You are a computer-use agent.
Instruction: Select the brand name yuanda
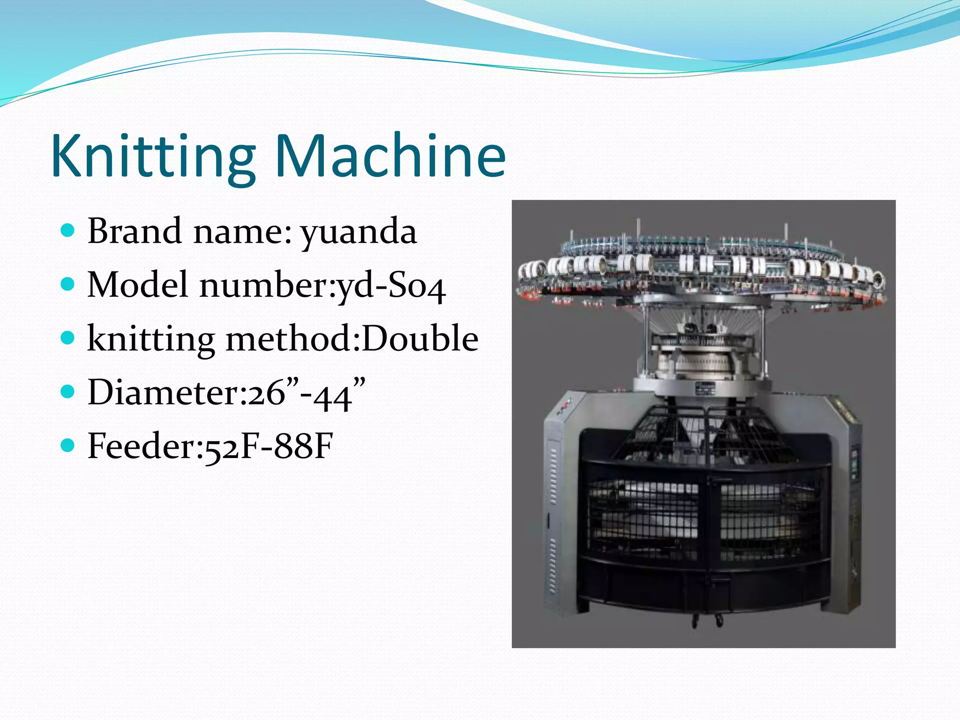[x=359, y=232]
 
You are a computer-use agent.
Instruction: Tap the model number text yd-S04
[x=392, y=286]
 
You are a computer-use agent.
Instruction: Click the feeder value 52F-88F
[x=269, y=446]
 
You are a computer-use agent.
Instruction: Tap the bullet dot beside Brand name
[x=68, y=230]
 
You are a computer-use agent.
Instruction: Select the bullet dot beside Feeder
[x=68, y=445]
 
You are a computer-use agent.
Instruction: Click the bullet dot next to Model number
[x=68, y=284]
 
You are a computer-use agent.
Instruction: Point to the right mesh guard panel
[x=769, y=520]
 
